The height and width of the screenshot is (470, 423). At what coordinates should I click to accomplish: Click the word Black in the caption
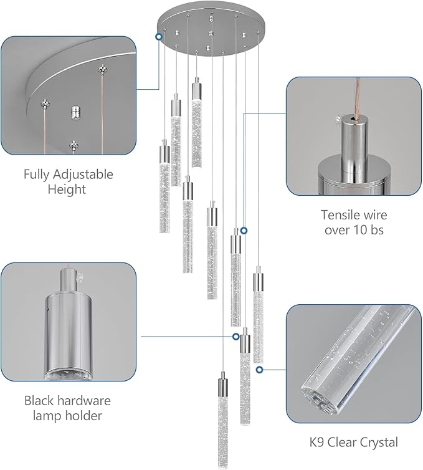pyautogui.click(x=40, y=400)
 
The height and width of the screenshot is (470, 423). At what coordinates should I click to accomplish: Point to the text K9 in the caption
pyautogui.click(x=318, y=443)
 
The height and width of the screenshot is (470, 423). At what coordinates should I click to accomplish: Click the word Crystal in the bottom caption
pyautogui.click(x=378, y=443)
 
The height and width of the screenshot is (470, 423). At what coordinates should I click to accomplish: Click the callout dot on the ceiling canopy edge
pyautogui.click(x=159, y=37)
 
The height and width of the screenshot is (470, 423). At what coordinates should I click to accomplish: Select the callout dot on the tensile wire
pyautogui.click(x=244, y=230)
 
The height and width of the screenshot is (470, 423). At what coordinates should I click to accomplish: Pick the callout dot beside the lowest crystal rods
pyautogui.click(x=259, y=369)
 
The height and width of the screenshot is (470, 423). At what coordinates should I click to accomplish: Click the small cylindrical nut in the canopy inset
pyautogui.click(x=74, y=113)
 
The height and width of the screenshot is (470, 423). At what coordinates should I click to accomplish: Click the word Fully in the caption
pyautogui.click(x=38, y=174)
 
